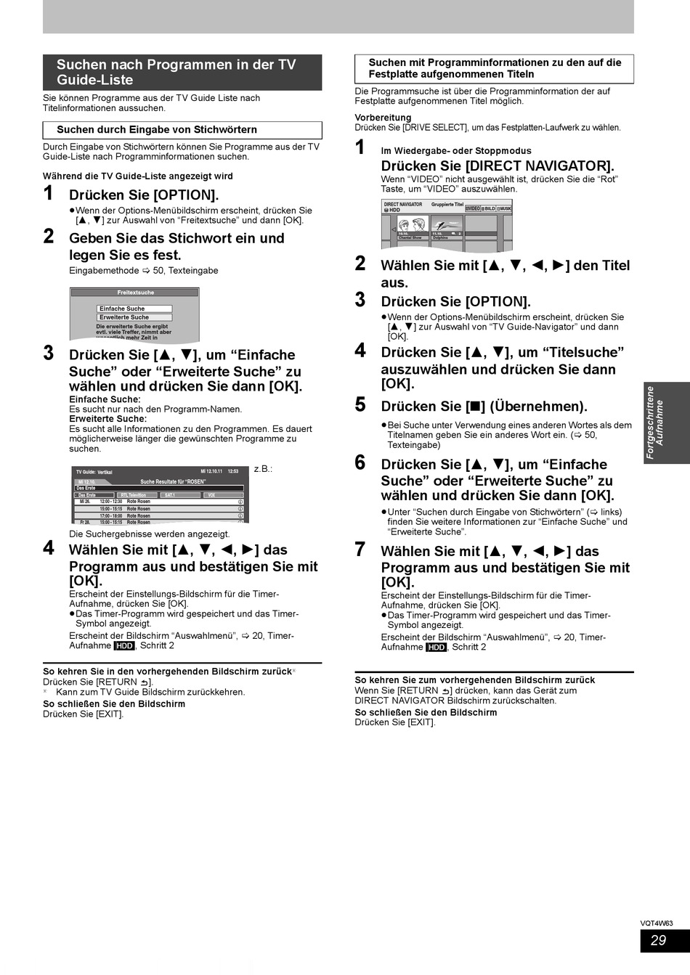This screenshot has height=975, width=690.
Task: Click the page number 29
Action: (x=658, y=940)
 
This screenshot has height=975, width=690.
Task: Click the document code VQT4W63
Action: (x=656, y=923)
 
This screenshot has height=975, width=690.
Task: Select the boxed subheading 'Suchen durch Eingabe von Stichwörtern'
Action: (x=157, y=130)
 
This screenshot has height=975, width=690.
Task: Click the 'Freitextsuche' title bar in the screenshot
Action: (x=134, y=293)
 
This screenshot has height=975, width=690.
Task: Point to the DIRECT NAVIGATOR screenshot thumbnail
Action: (x=447, y=224)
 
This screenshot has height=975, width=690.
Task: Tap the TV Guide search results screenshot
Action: (x=161, y=494)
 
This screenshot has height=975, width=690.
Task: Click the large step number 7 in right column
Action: (x=360, y=549)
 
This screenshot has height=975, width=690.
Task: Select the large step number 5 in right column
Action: (x=360, y=404)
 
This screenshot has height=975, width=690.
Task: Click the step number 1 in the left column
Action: (x=49, y=193)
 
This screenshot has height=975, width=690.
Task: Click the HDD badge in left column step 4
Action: (x=124, y=645)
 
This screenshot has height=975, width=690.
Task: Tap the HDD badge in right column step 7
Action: (x=436, y=647)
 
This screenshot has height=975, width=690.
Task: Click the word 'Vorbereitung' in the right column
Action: (x=383, y=118)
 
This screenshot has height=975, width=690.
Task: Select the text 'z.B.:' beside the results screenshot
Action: (x=263, y=469)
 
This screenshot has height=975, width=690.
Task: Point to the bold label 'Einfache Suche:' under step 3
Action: (x=105, y=399)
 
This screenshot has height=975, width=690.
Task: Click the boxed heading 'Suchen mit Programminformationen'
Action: (x=494, y=68)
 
